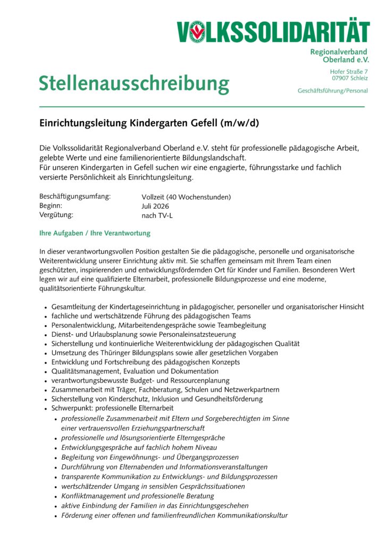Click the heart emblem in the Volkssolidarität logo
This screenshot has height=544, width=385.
(197, 32)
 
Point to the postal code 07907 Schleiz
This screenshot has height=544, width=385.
(349, 78)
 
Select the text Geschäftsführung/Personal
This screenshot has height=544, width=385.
(332, 91)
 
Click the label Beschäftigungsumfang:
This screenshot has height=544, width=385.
(75, 197)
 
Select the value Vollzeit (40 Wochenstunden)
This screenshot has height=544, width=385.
(186, 197)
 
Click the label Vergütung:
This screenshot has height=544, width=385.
(56, 215)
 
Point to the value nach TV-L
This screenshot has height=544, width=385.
(157, 216)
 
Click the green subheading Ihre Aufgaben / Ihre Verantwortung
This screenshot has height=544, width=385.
(95, 233)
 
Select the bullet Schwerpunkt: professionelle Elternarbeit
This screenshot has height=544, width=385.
(113, 408)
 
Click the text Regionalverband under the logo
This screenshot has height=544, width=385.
(339, 52)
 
